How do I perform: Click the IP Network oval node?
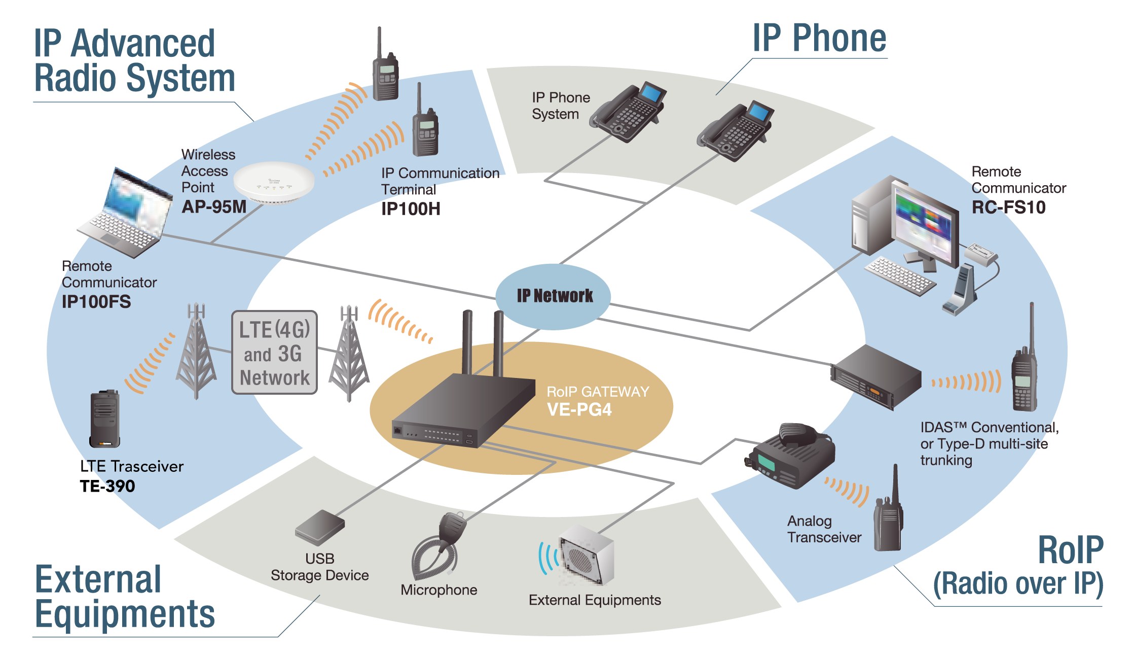click(x=553, y=296)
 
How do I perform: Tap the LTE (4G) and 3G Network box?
click(x=274, y=353)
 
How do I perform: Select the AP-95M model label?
click(x=214, y=207)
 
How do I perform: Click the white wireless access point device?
click(x=274, y=182)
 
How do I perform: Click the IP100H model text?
click(x=411, y=209)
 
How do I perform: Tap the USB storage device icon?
click(x=319, y=528)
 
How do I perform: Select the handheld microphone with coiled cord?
click(x=439, y=545)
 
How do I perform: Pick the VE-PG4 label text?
click(x=579, y=409)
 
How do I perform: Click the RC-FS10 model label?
click(x=1008, y=208)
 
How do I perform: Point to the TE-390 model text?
click(x=107, y=486)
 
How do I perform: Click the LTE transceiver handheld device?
click(x=105, y=419)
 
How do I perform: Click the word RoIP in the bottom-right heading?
click(x=1071, y=550)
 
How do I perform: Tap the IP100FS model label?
click(x=96, y=302)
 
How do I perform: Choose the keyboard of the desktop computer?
click(x=899, y=275)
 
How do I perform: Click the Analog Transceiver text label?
click(x=824, y=529)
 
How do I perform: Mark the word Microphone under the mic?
click(x=439, y=590)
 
